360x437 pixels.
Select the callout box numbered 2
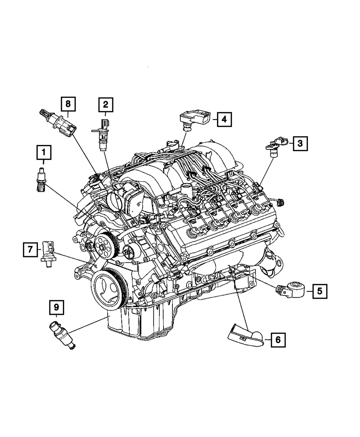[x=105, y=105]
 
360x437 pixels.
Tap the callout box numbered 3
[x=300, y=144]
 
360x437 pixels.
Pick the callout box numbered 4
[x=224, y=119]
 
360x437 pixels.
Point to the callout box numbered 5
[x=319, y=290]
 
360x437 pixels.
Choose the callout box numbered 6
[x=278, y=339]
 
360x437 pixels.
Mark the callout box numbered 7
[x=30, y=249]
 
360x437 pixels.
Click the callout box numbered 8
[x=68, y=105]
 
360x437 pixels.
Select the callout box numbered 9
[x=56, y=307]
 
